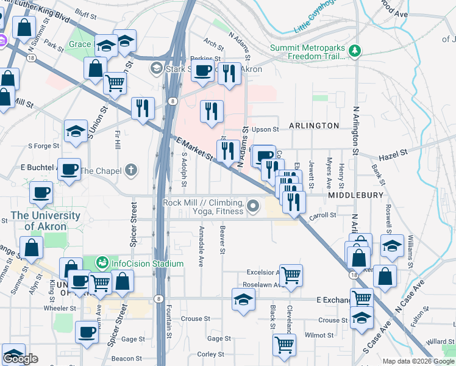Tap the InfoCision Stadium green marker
pyautogui.click(x=102, y=264)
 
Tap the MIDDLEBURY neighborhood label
pyautogui.click(x=355, y=195)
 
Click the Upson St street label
pyautogui.click(x=265, y=129)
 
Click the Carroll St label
pyautogui.click(x=323, y=215)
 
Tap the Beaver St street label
pyautogui.click(x=223, y=242)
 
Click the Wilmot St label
pyautogui.click(x=319, y=335)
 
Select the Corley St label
pyautogui.click(x=212, y=354)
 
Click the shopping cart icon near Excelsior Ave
pyautogui.click(x=291, y=274)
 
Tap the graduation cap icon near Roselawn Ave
pyautogui.click(x=243, y=300)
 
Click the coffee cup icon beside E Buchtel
pyautogui.click(x=69, y=169)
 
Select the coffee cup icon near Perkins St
pyautogui.click(x=203, y=71)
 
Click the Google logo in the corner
pyautogui.click(x=20, y=359)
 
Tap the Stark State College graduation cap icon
pyautogui.click(x=157, y=68)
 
